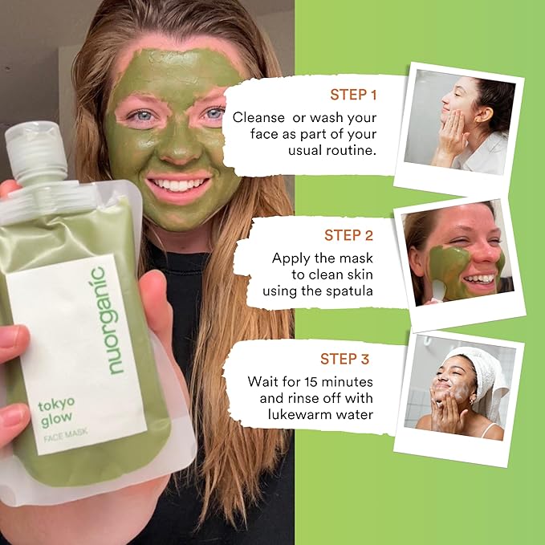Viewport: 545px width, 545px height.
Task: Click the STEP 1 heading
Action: tap(352, 96)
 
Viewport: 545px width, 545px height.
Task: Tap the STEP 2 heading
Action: tap(349, 235)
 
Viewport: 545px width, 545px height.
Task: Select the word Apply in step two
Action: tap(291, 258)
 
